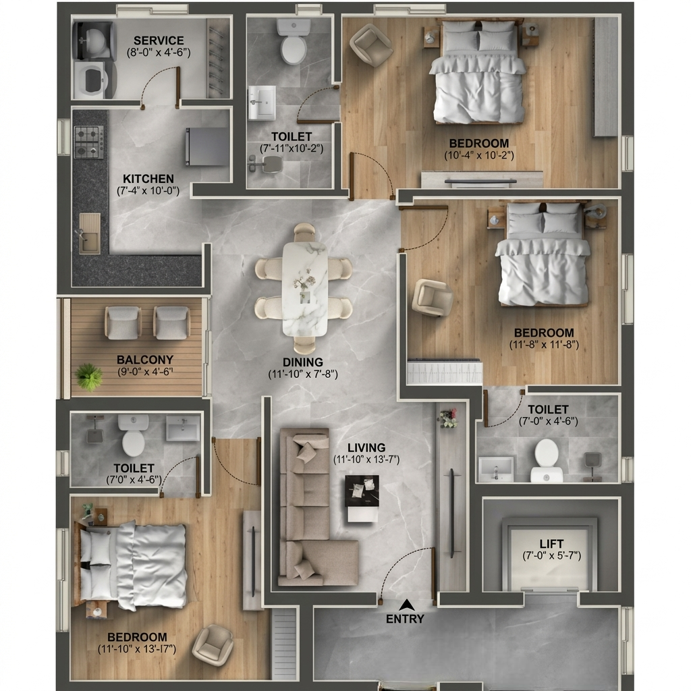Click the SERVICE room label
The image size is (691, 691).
159,40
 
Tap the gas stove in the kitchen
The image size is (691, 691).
89,142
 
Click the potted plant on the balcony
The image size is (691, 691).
88,377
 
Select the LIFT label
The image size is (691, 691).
551,544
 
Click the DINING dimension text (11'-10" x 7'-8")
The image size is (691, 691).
303,374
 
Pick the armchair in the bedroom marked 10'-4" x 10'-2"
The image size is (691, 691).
371,45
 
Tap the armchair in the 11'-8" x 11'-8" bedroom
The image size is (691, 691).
433,298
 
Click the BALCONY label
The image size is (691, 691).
145,360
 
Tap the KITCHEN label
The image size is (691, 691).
148,179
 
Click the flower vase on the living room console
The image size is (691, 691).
448,418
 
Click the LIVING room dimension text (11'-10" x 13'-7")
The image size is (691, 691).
366,460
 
